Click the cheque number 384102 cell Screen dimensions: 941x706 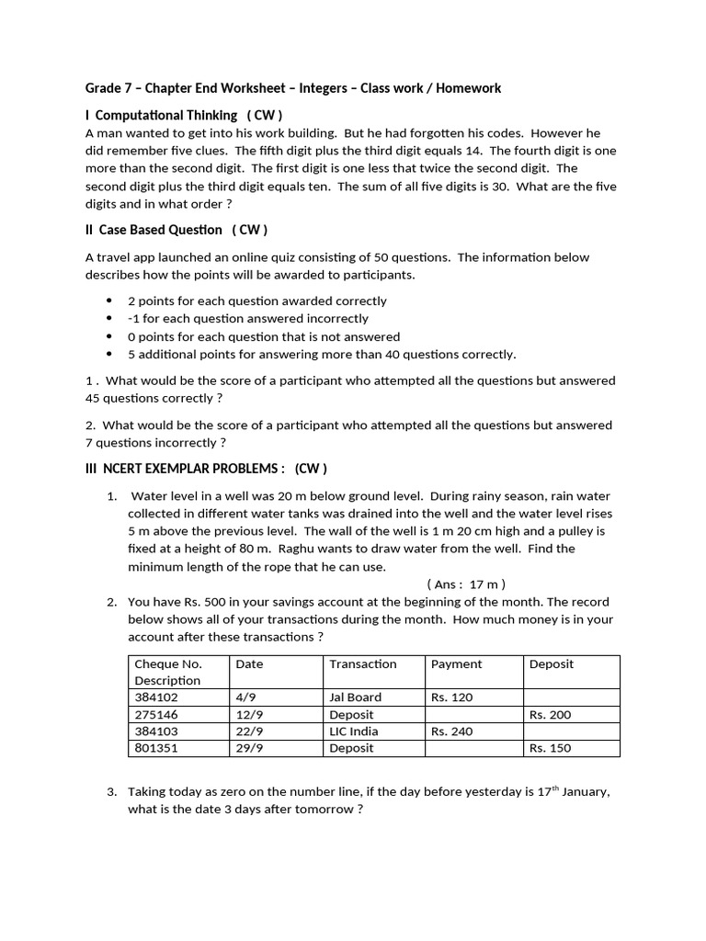coord(157,697)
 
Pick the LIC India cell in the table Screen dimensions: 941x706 coord(353,731)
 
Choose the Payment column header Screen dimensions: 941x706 coord(456,663)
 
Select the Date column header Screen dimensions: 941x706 coord(249,663)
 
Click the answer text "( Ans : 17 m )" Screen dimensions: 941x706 coord(466,584)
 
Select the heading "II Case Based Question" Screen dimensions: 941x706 coord(154,230)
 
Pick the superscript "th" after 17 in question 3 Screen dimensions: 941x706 coord(556,788)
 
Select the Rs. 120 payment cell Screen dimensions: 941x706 coord(451,697)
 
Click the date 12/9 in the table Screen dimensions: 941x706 coord(248,714)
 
